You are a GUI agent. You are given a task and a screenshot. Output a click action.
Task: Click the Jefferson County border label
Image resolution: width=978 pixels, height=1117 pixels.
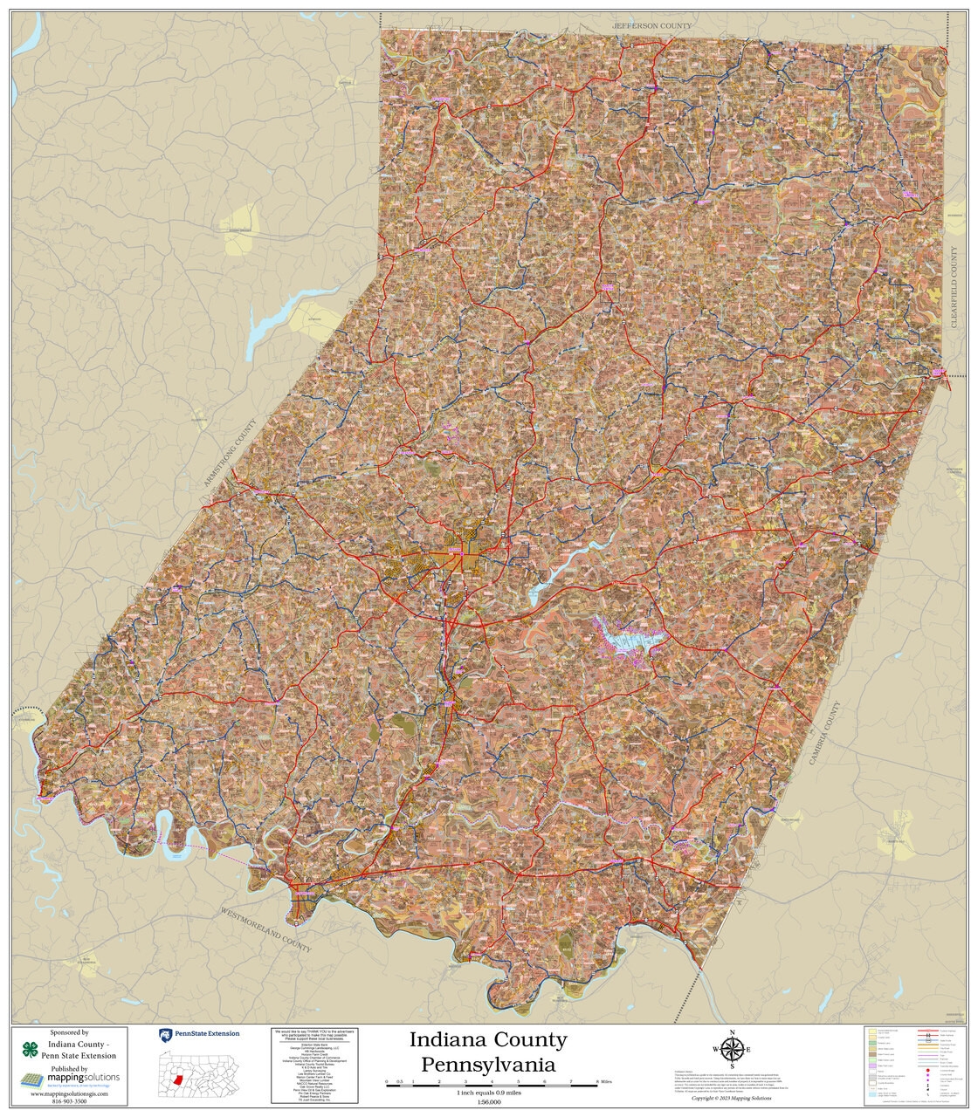click(x=651, y=26)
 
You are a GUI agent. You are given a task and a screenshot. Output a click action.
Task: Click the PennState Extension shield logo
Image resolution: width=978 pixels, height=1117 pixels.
click(x=164, y=1034)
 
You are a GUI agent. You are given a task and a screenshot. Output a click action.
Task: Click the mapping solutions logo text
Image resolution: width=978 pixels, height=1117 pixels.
click(x=83, y=1079)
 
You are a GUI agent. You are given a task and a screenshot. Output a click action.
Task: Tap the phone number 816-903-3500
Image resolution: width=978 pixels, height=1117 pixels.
click(x=71, y=1102)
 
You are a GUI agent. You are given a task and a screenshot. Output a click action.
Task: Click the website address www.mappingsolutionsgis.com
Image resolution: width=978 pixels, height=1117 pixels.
click(x=70, y=1093)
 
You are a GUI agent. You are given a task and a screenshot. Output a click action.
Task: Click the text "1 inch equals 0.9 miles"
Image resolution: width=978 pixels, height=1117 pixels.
click(x=488, y=1093)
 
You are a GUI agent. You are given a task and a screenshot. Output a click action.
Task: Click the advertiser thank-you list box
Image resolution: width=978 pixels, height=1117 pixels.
click(x=315, y=1066)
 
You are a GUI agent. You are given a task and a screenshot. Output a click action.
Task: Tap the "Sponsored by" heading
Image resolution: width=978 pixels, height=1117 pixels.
click(x=70, y=1032)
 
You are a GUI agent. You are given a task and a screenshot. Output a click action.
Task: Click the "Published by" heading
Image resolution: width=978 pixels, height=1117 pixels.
click(x=70, y=1068)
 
